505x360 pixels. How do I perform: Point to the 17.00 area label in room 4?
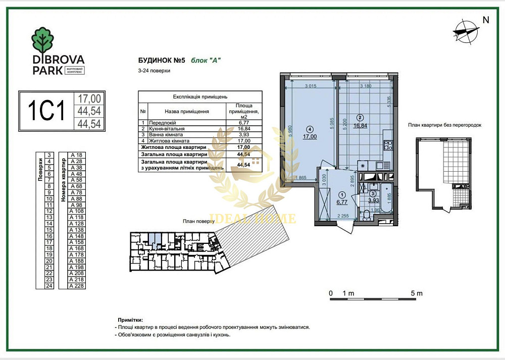(x=310, y=136)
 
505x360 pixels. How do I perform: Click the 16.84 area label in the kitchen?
(x=360, y=126)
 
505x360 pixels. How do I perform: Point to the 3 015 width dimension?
(x=311, y=86)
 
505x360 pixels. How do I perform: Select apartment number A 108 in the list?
(x=77, y=211)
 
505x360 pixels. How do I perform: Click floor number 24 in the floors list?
(x=49, y=286)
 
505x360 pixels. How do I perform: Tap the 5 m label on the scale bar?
(x=417, y=293)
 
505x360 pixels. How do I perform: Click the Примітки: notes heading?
(x=130, y=320)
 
